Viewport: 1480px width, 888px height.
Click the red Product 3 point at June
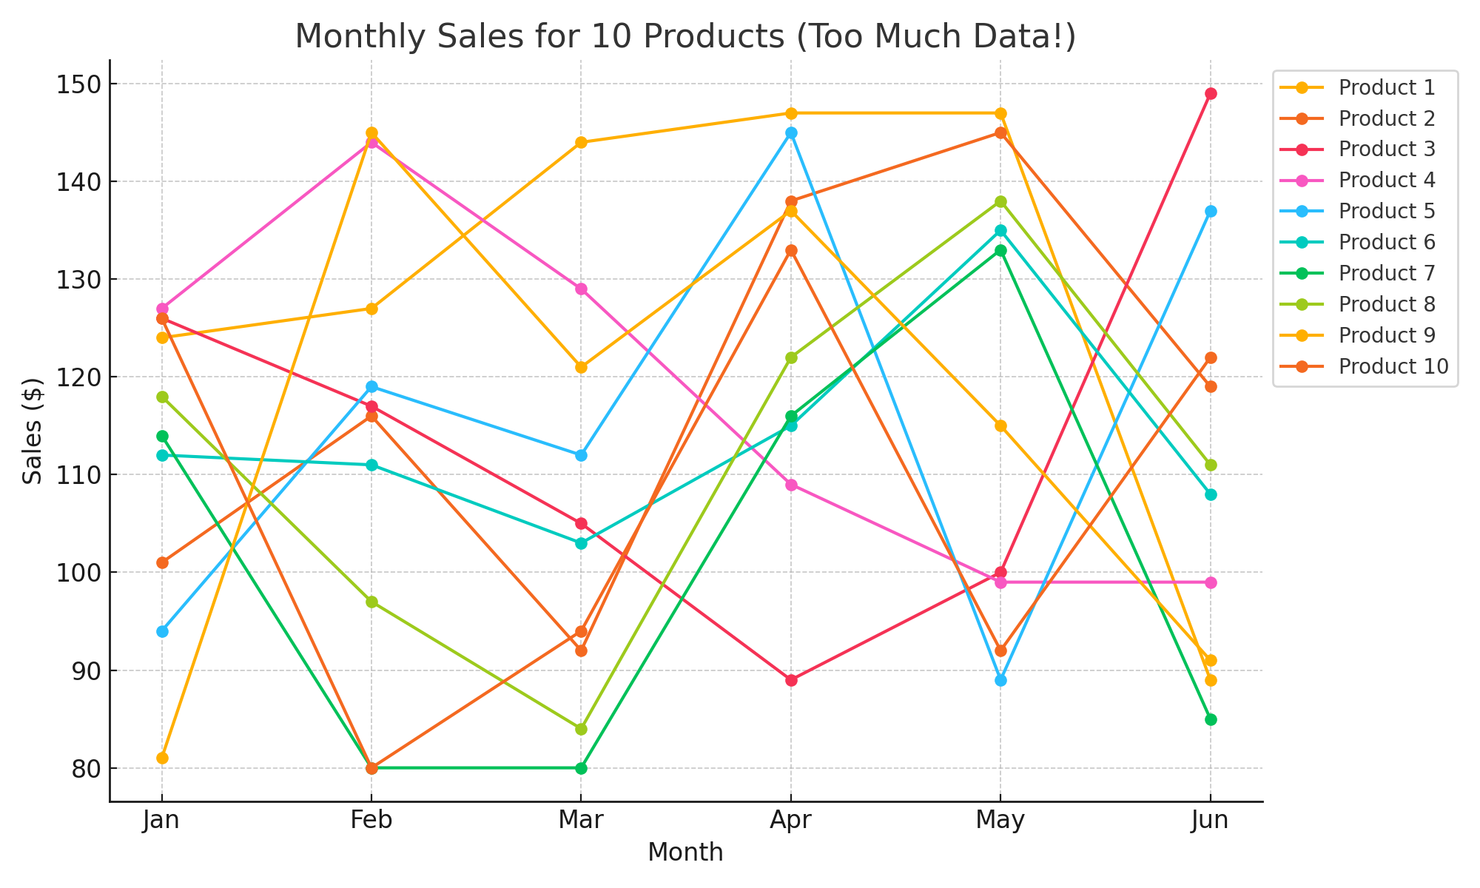(1211, 94)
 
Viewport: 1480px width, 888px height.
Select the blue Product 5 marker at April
(791, 133)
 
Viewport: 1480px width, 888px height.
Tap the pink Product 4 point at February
(371, 143)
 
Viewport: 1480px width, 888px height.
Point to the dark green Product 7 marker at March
(581, 768)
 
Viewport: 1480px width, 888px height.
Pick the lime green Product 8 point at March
(581, 729)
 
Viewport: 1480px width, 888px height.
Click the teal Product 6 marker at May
(1000, 231)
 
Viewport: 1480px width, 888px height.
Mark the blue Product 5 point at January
(162, 631)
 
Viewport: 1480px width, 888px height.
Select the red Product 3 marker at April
(791, 680)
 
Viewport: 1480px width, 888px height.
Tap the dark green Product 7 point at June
(1211, 719)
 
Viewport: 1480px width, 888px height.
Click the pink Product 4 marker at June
(1211, 582)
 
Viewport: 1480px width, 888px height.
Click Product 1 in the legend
(1387, 87)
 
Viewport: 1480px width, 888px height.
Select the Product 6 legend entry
(1387, 242)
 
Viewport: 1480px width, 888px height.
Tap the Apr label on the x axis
(791, 821)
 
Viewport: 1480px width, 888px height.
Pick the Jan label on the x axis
(162, 821)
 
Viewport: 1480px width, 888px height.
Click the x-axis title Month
(685, 852)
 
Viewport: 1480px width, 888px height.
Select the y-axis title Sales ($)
(33, 431)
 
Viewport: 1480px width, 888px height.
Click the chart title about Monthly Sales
(685, 37)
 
